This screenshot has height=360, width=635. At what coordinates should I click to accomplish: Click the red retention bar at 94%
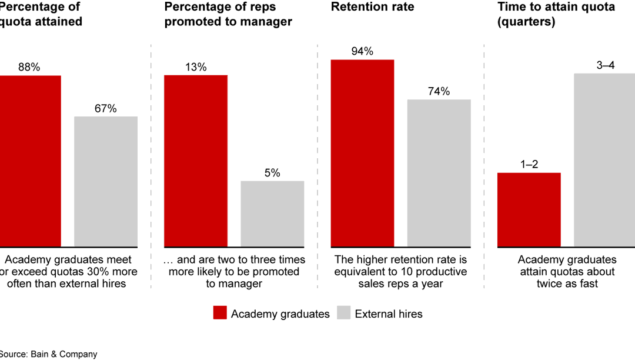pos(362,153)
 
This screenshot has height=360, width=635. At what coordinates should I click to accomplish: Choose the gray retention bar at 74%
pos(439,173)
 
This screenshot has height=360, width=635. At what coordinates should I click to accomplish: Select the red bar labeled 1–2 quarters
pos(529,209)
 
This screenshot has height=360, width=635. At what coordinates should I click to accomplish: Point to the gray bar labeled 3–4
pos(604,160)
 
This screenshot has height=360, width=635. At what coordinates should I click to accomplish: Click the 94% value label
pos(362,51)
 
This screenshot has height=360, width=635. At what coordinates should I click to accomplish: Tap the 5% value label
pos(272,173)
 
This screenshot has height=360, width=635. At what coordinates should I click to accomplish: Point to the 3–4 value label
pos(606,65)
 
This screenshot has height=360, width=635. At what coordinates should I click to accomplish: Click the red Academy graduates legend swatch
pos(220,314)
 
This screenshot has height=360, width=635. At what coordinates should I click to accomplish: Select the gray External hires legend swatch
pos(344,314)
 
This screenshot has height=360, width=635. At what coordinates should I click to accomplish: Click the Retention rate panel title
pos(372,7)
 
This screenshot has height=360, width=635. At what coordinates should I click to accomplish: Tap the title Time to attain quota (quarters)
pos(556,14)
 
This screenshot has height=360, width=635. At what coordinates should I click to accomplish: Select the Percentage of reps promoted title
pos(228,14)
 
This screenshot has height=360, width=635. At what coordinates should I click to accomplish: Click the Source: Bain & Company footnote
pos(48,354)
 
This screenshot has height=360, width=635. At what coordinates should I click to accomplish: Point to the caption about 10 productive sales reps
pos(400,272)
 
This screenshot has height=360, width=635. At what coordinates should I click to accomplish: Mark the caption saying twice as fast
pos(567,272)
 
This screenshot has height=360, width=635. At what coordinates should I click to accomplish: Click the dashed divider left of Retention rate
pos(317,165)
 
